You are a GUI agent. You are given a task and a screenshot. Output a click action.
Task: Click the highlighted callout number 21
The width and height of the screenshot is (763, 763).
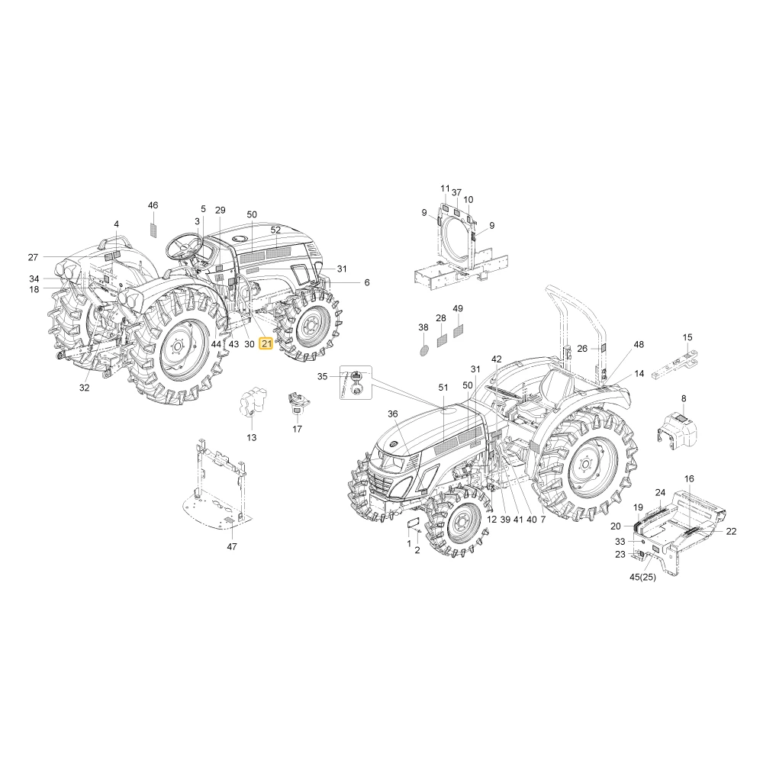click(266, 344)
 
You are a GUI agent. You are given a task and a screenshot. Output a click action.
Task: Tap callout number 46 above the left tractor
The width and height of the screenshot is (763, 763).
click(153, 205)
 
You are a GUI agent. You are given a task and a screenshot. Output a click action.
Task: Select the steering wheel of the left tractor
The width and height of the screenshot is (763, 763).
click(185, 246)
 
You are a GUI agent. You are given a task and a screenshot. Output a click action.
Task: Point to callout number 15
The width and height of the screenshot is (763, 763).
click(687, 337)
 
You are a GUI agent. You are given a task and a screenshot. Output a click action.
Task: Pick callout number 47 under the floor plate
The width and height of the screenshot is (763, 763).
click(232, 546)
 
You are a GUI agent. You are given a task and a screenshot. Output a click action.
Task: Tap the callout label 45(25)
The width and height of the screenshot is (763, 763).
click(642, 577)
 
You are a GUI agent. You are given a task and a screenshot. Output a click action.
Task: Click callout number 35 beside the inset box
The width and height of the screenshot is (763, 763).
click(323, 377)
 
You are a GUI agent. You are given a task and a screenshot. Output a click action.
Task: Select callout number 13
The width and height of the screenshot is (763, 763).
click(251, 437)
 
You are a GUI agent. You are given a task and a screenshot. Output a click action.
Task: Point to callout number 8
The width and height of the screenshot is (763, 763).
click(684, 398)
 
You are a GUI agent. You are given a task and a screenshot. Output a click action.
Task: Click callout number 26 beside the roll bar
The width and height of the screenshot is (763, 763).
click(582, 349)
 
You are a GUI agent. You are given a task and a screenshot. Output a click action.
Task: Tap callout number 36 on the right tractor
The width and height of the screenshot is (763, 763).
click(393, 414)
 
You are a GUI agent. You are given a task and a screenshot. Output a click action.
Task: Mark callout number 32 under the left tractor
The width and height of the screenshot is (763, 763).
click(84, 388)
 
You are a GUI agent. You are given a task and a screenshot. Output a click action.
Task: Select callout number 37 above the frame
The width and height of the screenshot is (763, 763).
click(456, 193)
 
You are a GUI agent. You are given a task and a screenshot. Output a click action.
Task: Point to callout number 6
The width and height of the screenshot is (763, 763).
click(367, 282)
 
